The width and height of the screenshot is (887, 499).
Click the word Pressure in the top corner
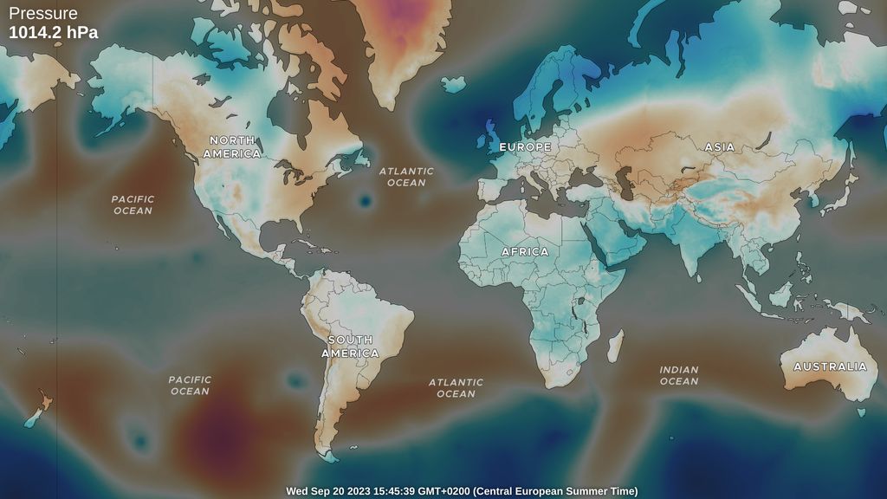pyautogui.click(x=43, y=14)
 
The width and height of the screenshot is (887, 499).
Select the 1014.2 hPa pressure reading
pyautogui.click(x=53, y=33)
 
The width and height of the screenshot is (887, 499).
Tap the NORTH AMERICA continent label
pyautogui.click(x=231, y=146)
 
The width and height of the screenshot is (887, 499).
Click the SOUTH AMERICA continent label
pyautogui.click(x=350, y=347)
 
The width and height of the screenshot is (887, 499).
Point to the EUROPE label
pyautogui.click(x=525, y=147)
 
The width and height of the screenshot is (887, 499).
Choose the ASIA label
pyautogui.click(x=719, y=147)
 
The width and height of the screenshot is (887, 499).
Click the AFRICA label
pyautogui.click(x=525, y=251)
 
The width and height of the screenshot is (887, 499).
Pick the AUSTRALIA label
pyautogui.click(x=830, y=366)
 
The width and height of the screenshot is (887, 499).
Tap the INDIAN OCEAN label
pyautogui.click(x=678, y=375)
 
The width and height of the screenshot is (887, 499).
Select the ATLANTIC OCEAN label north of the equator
pyautogui.click(x=406, y=177)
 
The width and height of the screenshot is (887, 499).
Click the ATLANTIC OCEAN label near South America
pyautogui.click(x=456, y=387)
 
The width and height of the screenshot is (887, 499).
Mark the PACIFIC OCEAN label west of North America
pyautogui.click(x=133, y=204)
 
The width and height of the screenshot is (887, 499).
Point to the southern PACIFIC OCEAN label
pyautogui.click(x=190, y=385)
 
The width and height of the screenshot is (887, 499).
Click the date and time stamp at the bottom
pyautogui.click(x=462, y=491)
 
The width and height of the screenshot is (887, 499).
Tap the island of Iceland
pyautogui.click(x=453, y=84)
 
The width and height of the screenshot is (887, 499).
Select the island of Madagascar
pyautogui.click(x=615, y=346)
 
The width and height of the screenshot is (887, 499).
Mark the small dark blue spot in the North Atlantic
pyautogui.click(x=365, y=202)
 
